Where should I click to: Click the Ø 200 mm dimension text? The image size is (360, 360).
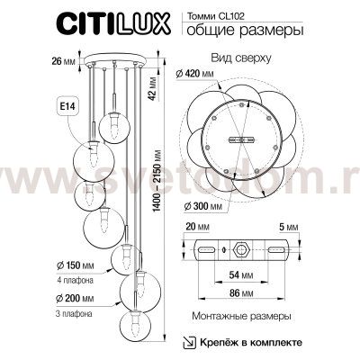(x=73, y=298)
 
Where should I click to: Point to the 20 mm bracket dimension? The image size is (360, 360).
(x=197, y=229)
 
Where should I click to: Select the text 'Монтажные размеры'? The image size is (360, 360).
(x=240, y=319)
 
